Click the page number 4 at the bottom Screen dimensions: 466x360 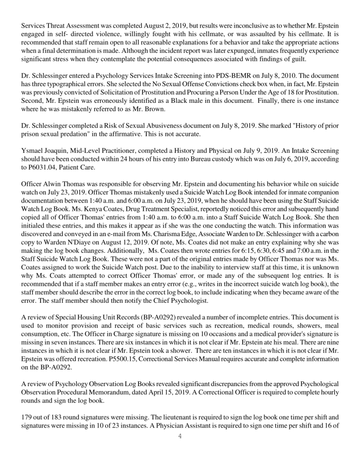(x=180, y=436)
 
